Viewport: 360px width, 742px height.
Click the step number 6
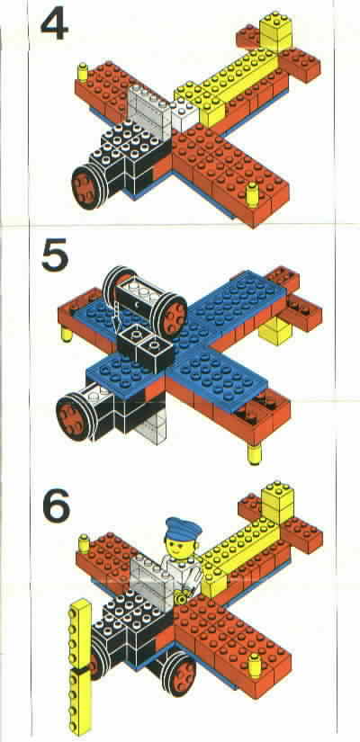pos(57,505)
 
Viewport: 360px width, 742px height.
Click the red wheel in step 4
pos(87,186)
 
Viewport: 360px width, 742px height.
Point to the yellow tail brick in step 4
pos(276,31)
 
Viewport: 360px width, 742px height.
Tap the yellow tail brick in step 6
pos(277,502)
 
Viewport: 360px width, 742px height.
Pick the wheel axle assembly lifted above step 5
pos(145,296)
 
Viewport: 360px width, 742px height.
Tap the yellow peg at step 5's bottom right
pos(255,453)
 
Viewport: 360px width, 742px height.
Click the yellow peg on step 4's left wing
pos(84,72)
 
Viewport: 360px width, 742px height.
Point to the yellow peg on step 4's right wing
pos(253,193)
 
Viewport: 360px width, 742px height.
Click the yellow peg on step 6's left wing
pos(84,544)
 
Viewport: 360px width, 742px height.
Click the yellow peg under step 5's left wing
pos(67,334)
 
